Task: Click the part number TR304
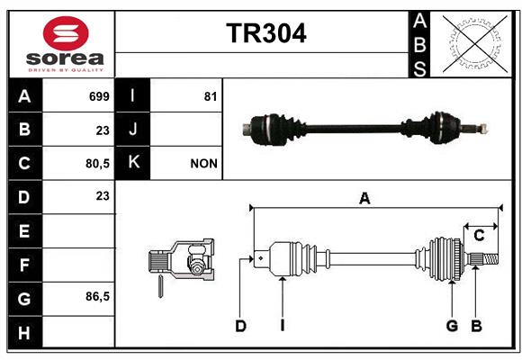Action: pyautogui.click(x=266, y=33)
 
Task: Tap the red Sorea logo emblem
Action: pyautogui.click(x=66, y=33)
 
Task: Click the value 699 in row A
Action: pyautogui.click(x=99, y=96)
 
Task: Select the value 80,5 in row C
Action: pyautogui.click(x=97, y=164)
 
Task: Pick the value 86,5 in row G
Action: pyautogui.click(x=97, y=296)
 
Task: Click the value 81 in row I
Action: pyautogui.click(x=211, y=96)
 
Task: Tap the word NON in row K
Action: pyautogui.click(x=203, y=164)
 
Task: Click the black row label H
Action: pyautogui.click(x=25, y=332)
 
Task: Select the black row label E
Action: pyautogui.click(x=25, y=230)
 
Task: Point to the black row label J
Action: pyautogui.click(x=132, y=130)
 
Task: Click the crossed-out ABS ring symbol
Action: pyautogui.click(x=475, y=44)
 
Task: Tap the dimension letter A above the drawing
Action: pyautogui.click(x=364, y=199)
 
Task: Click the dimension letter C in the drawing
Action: pyautogui.click(x=479, y=236)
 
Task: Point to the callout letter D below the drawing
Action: pyautogui.click(x=240, y=326)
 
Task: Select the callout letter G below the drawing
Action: pyautogui.click(x=452, y=326)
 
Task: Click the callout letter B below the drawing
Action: pyautogui.click(x=476, y=326)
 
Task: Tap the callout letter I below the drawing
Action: pyautogui.click(x=283, y=326)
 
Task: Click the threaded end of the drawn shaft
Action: pyautogui.click(x=491, y=259)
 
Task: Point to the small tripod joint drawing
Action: pyautogui.click(x=181, y=263)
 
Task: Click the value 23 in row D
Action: pyautogui.click(x=103, y=196)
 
